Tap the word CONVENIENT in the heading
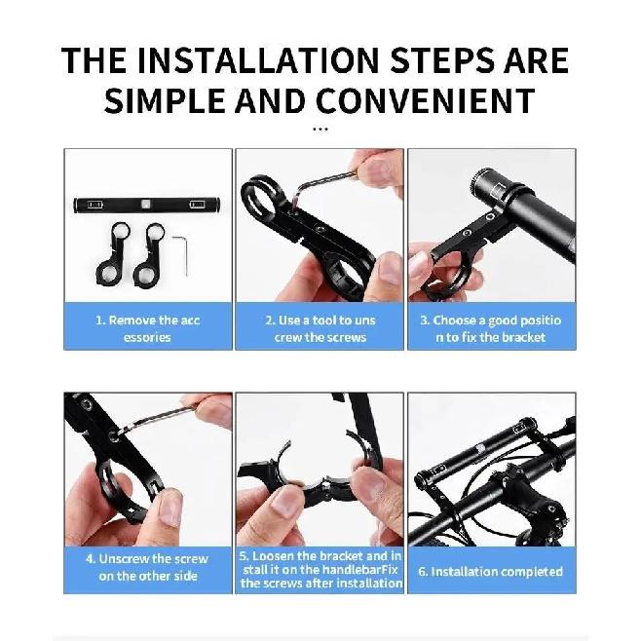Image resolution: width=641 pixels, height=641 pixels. pyautogui.click(x=426, y=100)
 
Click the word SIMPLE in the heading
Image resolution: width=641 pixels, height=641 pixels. pyautogui.click(x=165, y=100)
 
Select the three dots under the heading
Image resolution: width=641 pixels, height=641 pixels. pyautogui.click(x=320, y=130)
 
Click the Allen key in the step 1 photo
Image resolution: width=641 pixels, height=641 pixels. pyautogui.click(x=185, y=253)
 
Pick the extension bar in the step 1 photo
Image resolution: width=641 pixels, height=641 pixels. pyautogui.click(x=147, y=205)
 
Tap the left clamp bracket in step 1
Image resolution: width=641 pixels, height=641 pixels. pyautogui.click(x=112, y=253)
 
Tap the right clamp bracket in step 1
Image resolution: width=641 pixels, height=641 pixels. pyautogui.click(x=148, y=253)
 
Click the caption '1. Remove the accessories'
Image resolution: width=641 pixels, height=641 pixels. pyautogui.click(x=147, y=328)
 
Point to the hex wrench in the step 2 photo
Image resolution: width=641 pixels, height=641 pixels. pyautogui.click(x=323, y=180)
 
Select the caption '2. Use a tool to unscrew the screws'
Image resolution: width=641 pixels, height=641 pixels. pyautogui.click(x=320, y=328)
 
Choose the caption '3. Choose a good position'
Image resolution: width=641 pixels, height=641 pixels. pyautogui.click(x=491, y=328)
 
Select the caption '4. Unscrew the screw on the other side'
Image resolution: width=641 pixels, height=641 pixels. pyautogui.click(x=147, y=567)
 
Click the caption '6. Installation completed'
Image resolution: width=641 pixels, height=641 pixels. pyautogui.click(x=491, y=572)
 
